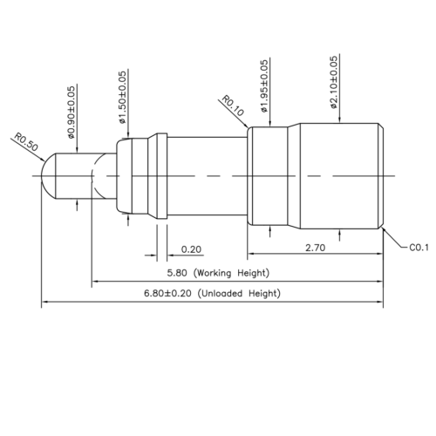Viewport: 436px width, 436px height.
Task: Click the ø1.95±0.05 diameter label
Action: pos(264,85)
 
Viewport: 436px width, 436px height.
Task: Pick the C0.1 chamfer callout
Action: pos(418,248)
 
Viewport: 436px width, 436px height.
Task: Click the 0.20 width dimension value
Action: pos(190,250)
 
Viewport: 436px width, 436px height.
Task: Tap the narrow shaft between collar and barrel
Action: pos(206,177)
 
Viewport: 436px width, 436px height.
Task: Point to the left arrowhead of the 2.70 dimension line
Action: pos(253,255)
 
